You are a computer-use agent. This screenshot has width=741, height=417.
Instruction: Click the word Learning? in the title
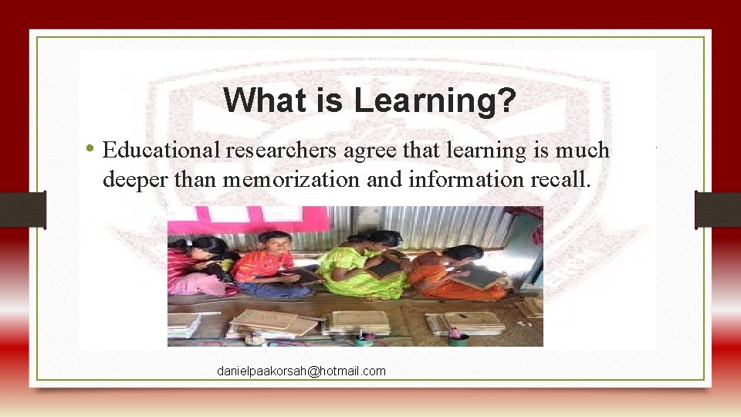click(x=435, y=100)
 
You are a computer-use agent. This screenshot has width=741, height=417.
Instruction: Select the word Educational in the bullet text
click(x=161, y=150)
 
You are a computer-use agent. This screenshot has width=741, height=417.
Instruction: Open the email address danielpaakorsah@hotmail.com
click(x=301, y=371)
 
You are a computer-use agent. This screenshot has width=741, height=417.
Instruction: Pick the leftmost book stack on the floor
click(x=184, y=324)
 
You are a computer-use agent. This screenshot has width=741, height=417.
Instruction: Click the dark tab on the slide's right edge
click(x=718, y=210)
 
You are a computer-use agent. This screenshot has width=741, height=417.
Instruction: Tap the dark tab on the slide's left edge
click(x=22, y=210)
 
